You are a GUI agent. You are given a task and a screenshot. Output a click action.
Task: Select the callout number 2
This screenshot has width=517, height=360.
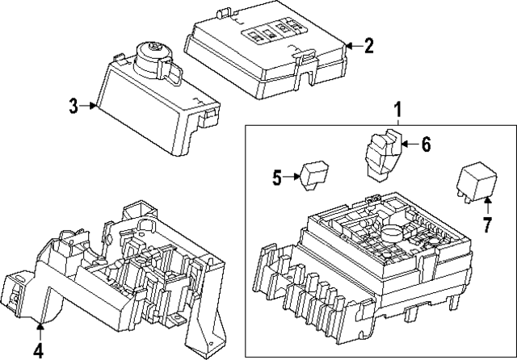pyautogui.click(x=368, y=45)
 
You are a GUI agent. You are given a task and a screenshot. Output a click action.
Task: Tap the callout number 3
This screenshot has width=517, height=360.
pyautogui.click(x=74, y=106)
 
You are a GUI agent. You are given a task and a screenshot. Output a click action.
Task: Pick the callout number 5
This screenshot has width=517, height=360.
pyautogui.click(x=276, y=178)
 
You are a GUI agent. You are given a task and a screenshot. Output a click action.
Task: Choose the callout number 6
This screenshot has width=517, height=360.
pyautogui.click(x=426, y=144)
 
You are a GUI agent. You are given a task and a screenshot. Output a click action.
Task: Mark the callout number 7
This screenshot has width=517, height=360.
pyautogui.click(x=486, y=226)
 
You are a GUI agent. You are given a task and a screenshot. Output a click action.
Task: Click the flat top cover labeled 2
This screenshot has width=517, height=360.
pyautogui.click(x=267, y=45)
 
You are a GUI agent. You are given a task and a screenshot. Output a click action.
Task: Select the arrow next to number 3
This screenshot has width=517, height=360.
pyautogui.click(x=90, y=106)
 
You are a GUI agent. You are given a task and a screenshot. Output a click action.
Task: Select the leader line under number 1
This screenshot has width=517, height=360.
pyautogui.click(x=397, y=122)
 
